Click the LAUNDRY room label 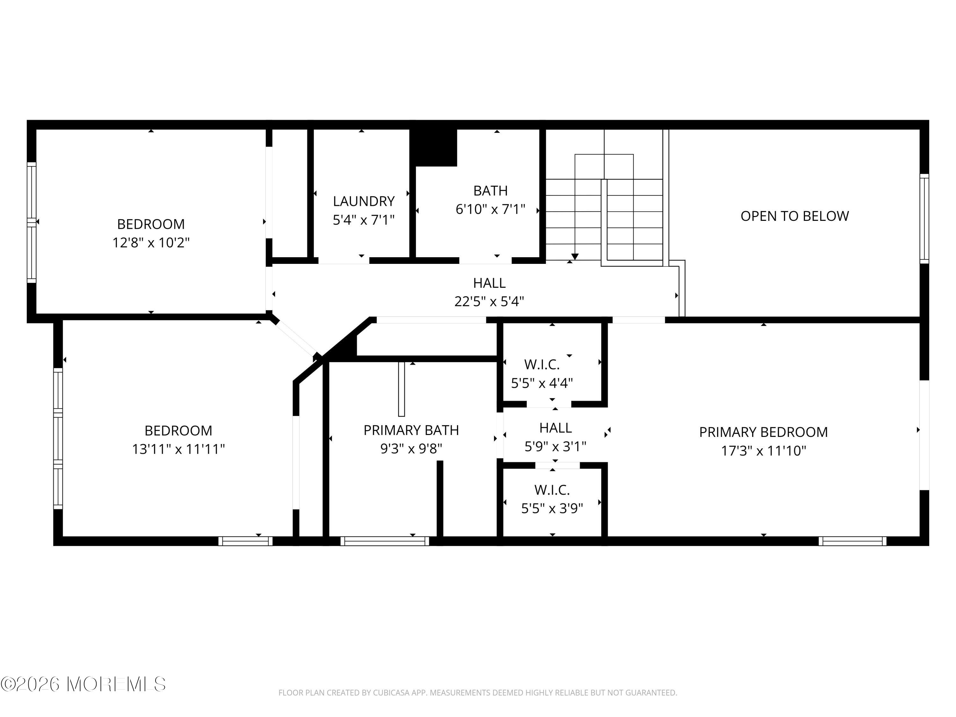364,201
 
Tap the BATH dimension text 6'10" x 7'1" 490,209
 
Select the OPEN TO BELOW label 795,216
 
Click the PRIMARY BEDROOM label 764,432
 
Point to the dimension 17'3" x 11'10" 764,451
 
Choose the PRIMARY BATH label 411,431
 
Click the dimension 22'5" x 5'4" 489,301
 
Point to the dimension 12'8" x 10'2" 151,243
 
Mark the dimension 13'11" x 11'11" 178,449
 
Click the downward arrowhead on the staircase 575,257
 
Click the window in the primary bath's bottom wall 385,541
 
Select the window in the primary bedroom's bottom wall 852,541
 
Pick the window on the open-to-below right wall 924,219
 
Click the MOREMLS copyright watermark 83,684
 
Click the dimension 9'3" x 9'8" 411,449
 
